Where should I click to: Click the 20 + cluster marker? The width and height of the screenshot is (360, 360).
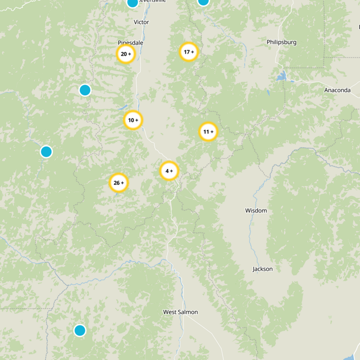(126, 54)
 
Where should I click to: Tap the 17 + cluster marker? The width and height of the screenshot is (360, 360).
(189, 52)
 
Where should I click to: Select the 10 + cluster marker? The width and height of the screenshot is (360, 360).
(133, 120)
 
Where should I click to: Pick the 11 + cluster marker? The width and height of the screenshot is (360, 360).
(208, 132)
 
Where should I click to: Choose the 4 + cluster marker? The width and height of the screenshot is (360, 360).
(169, 171)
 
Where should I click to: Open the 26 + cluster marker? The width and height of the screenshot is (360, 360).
(119, 183)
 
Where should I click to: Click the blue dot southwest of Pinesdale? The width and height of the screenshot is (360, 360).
(85, 90)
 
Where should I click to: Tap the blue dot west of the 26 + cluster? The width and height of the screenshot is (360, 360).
(46, 152)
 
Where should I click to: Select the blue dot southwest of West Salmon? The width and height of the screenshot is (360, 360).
(80, 330)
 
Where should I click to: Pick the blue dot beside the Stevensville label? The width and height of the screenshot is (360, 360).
(132, 3)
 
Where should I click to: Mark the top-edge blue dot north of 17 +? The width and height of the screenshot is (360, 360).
(203, 1)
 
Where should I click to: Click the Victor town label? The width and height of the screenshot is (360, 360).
(141, 22)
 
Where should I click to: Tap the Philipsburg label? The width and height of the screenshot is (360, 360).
(281, 42)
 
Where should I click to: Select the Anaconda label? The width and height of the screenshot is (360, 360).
(337, 90)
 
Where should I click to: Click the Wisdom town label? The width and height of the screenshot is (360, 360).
(256, 211)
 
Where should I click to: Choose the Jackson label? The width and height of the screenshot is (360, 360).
(262, 269)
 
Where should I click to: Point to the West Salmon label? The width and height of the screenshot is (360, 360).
(180, 312)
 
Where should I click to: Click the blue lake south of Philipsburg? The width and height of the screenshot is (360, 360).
(282, 76)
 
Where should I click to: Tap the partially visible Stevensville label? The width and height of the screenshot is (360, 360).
(153, 1)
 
